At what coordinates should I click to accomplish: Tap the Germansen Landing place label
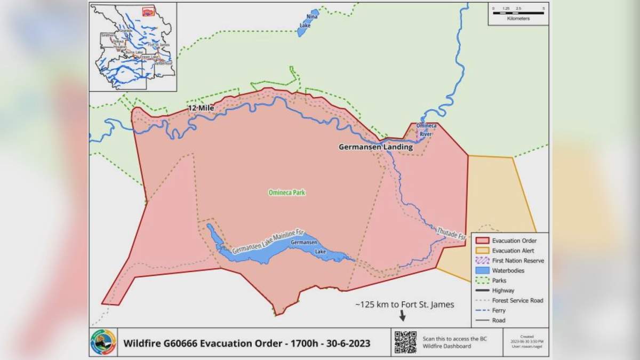point(375,147)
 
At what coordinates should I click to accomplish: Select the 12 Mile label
point(201,108)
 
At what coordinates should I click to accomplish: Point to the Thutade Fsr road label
point(451,233)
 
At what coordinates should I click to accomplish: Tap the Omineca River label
point(426,130)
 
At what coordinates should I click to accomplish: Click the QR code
point(405,342)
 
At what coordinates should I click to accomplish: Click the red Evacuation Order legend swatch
point(482,241)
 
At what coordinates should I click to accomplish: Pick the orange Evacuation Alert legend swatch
point(482,251)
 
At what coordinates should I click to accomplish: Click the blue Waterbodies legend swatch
point(482,271)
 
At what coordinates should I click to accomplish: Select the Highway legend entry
point(503,291)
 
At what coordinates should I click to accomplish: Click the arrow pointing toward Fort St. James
point(402,316)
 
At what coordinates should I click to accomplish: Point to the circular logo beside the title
point(103,342)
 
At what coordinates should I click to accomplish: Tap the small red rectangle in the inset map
point(148,10)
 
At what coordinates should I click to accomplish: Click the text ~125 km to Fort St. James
point(405,305)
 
